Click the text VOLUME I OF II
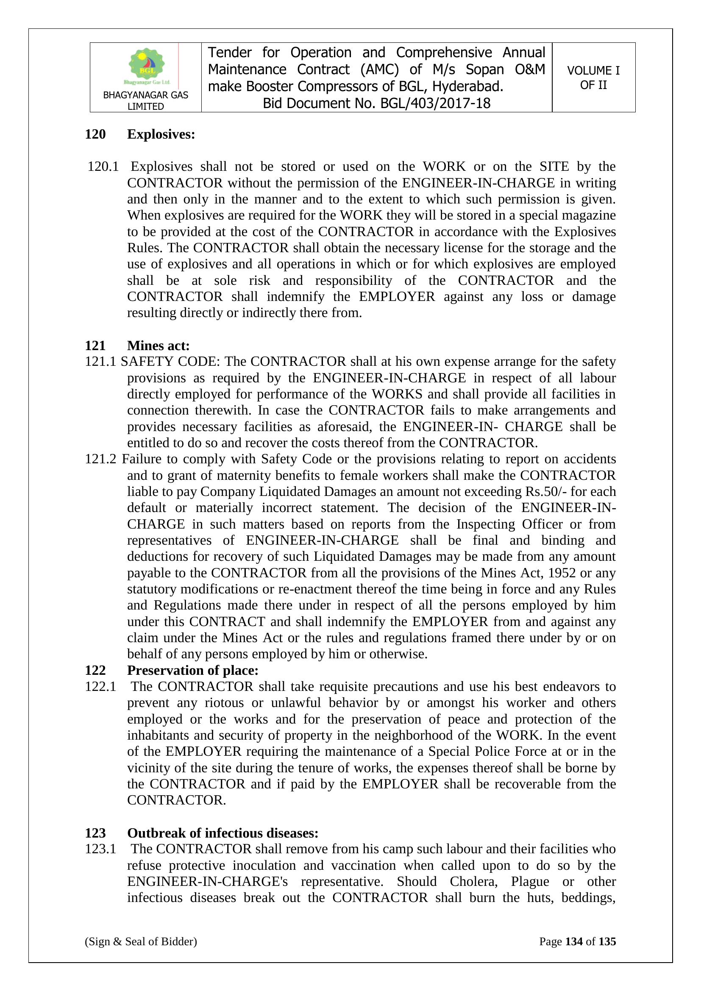593,78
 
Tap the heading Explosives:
161,134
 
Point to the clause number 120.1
103,167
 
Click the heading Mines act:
159,345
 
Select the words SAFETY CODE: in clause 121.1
170,361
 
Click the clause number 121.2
100,459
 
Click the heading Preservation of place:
192,670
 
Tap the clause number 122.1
100,686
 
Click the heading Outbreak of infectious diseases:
223,833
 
